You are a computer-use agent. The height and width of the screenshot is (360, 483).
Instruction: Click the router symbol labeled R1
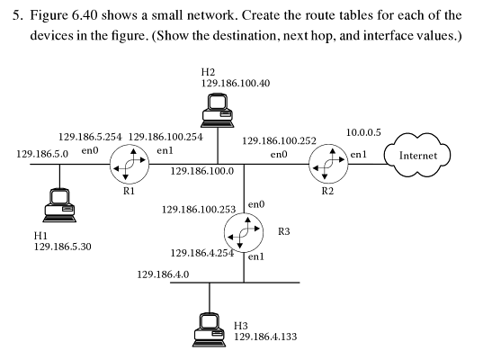pos(127,165)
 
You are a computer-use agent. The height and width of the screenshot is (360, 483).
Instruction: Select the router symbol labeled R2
pos(326,165)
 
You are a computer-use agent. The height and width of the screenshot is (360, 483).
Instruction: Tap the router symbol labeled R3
pos(244,232)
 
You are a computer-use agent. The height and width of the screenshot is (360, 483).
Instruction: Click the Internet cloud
pos(417,156)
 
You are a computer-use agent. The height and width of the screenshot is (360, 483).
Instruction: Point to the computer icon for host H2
pos(218,107)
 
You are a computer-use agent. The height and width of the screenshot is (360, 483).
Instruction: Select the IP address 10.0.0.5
pos(363,133)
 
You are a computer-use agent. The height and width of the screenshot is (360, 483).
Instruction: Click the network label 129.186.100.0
pos(201,171)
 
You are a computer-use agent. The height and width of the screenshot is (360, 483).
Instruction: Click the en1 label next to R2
pos(357,155)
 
